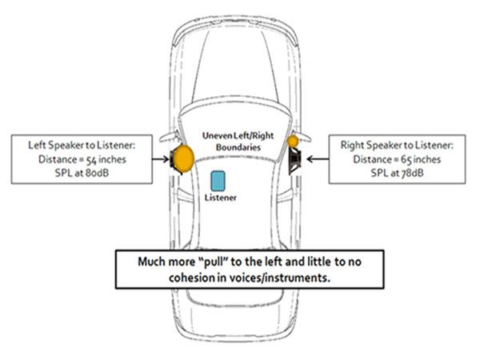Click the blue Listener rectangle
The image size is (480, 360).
[218, 179]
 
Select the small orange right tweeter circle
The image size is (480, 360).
[294, 141]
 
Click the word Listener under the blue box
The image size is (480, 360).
[222, 197]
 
